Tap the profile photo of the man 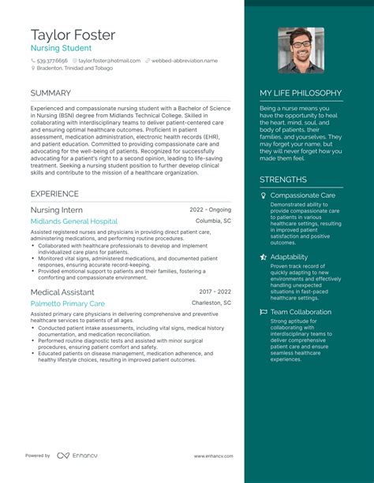point(301,50)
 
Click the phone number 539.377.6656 point(51,61)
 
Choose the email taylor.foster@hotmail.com point(110,61)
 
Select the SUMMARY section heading point(50,94)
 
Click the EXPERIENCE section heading point(54,193)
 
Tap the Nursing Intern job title point(56,210)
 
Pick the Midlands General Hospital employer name point(74,222)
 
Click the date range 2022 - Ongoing point(210,210)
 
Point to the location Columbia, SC point(213,221)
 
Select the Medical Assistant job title point(62,292)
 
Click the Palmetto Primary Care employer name point(67,303)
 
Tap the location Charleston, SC point(211,303)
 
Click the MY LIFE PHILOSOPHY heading point(301,93)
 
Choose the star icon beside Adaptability point(264,257)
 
